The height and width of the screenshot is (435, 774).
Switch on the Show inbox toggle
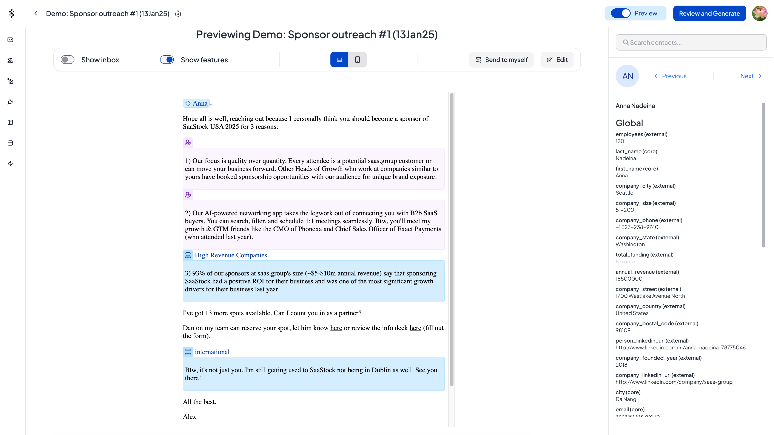pos(67,60)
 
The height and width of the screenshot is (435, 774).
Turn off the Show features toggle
pos(167,60)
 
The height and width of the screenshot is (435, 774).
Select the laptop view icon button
pos(339,60)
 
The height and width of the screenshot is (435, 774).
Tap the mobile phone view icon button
pos(357,60)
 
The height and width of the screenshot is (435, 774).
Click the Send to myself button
pos(501,60)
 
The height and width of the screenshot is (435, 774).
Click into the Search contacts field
pos(691,43)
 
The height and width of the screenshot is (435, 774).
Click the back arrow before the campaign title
pos(36,14)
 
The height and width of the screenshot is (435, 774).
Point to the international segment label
pos(212,352)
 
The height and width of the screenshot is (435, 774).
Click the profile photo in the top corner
pos(759,14)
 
